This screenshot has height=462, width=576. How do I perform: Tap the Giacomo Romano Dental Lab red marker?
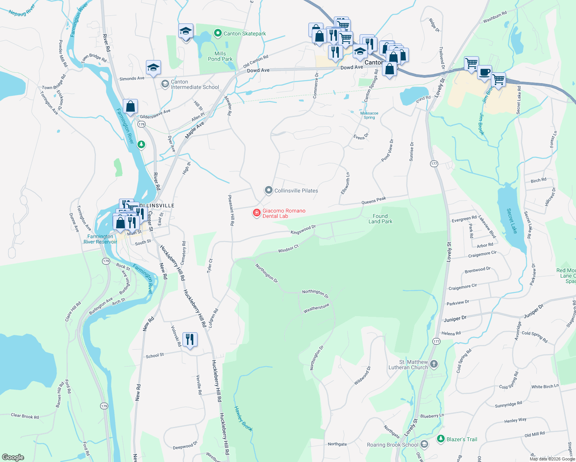click(x=256, y=213)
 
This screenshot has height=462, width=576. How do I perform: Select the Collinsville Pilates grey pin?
click(x=268, y=190)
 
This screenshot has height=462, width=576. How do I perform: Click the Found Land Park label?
click(x=380, y=219)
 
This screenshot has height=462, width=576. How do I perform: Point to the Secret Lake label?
click(x=512, y=221)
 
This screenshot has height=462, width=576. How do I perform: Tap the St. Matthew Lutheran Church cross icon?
click(x=434, y=364)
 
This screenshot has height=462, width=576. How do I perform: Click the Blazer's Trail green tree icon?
click(x=441, y=439)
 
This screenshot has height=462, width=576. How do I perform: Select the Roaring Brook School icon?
click(x=424, y=444)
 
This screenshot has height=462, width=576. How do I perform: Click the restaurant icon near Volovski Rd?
click(x=190, y=340)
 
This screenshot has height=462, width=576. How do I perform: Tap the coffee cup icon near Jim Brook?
click(x=485, y=72)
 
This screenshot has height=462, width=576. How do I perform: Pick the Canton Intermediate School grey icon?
click(x=165, y=84)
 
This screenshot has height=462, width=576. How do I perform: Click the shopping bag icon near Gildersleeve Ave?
click(x=131, y=106)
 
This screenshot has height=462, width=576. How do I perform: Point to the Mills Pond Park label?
click(x=220, y=56)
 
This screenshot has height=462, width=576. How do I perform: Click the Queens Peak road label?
click(x=373, y=201)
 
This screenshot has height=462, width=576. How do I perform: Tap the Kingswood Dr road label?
click(x=303, y=230)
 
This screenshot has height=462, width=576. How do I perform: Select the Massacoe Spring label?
click(x=369, y=115)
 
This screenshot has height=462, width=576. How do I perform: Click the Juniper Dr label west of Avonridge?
click(x=455, y=319)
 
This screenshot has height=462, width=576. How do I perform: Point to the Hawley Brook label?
click(x=243, y=419)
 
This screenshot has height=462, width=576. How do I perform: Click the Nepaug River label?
click(x=22, y=10)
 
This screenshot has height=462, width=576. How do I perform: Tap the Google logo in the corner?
click(x=13, y=457)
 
